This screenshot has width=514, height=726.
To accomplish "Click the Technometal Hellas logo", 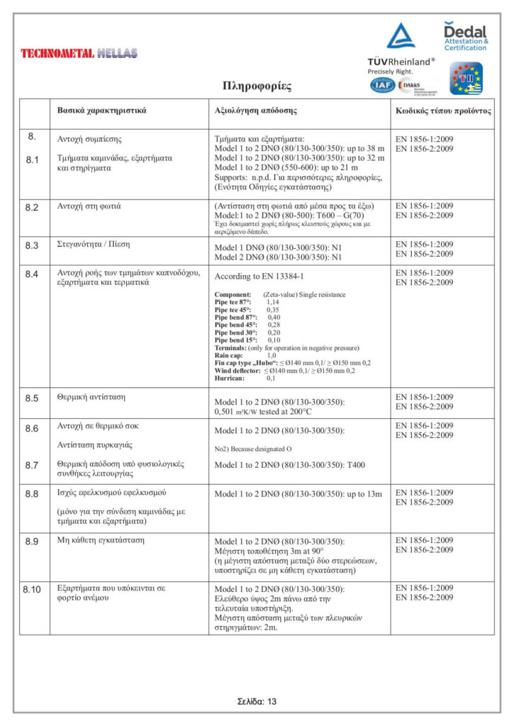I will click(79, 53).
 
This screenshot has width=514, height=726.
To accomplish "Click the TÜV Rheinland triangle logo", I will click(401, 36).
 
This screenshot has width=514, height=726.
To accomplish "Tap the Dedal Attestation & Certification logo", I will click(465, 36).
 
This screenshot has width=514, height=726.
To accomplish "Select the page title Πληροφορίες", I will click(257, 86).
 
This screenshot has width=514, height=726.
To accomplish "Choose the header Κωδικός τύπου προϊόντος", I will click(443, 112).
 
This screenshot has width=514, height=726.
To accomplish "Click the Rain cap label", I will click(228, 355).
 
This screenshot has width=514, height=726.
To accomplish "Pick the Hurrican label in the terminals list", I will click(230, 379).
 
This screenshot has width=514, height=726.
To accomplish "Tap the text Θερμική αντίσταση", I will click(91, 397).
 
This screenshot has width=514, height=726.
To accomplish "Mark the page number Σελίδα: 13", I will click(257, 701).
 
